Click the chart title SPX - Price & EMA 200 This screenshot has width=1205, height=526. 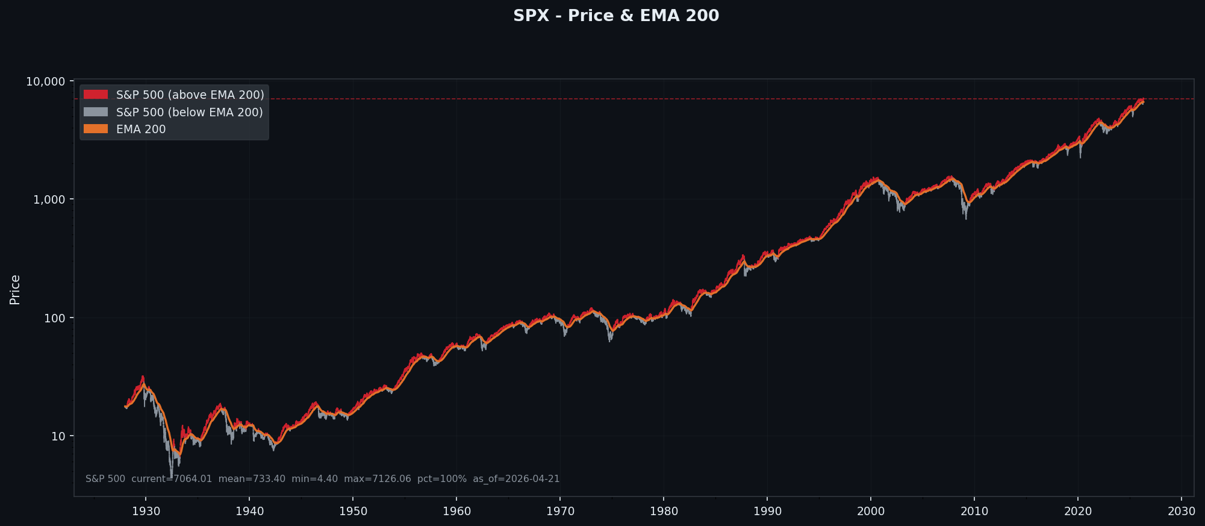click(615, 16)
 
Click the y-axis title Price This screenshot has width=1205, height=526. click(15, 289)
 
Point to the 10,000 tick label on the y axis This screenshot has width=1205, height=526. click(45, 81)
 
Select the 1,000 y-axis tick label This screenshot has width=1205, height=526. click(49, 199)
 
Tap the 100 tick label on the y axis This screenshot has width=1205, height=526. click(54, 318)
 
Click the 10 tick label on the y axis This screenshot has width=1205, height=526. click(58, 436)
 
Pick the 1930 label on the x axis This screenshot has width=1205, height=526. click(146, 512)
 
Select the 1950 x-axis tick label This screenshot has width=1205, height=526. click(353, 512)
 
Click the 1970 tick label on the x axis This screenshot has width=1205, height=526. click(560, 512)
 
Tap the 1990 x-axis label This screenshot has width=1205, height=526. click(767, 512)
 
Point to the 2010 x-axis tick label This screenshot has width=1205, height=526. click(974, 512)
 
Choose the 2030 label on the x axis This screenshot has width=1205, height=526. click(1182, 512)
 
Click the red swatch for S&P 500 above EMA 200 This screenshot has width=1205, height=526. click(96, 95)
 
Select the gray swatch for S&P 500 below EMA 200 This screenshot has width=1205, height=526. click(96, 112)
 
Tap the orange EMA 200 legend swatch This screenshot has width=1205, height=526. click(96, 129)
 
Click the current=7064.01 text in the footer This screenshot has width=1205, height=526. click(172, 479)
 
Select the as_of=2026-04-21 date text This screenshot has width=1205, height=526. click(516, 479)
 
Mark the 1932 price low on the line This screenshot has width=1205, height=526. click(171, 477)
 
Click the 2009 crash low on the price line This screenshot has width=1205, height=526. click(966, 218)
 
